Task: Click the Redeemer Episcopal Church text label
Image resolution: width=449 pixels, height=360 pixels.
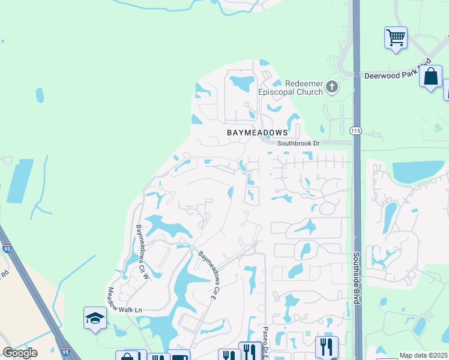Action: (x=291, y=88)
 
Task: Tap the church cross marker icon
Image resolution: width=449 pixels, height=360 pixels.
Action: (x=331, y=88)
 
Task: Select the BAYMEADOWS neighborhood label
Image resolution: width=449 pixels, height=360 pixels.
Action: (x=257, y=131)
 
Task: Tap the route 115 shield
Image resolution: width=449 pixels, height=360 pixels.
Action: (x=356, y=130)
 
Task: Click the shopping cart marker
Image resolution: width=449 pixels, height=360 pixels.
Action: (x=396, y=38)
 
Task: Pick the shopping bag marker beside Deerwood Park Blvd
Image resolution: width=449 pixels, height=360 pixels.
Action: (x=430, y=77)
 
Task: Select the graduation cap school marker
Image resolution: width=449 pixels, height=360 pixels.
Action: (x=95, y=317)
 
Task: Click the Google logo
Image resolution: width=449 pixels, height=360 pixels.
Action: (x=20, y=353)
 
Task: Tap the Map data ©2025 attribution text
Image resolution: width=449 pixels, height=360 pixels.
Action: (x=423, y=355)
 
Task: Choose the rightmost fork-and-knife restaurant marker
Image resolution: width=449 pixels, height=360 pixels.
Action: (x=327, y=346)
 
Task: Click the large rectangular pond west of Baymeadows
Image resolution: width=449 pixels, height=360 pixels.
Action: (x=20, y=181)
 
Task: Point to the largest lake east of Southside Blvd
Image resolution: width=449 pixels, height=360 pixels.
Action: (x=418, y=171)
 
